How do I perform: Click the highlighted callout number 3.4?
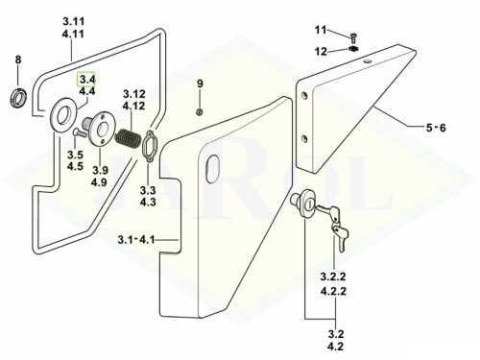(x=85, y=79)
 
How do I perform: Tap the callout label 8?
(x=18, y=60)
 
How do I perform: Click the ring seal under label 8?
(x=17, y=98)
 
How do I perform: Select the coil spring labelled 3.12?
(x=129, y=138)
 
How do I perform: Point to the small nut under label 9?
(x=200, y=111)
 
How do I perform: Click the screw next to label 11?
(x=353, y=38)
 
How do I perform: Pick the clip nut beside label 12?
(x=353, y=49)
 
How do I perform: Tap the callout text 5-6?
(x=436, y=128)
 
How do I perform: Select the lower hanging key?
(x=340, y=236)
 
